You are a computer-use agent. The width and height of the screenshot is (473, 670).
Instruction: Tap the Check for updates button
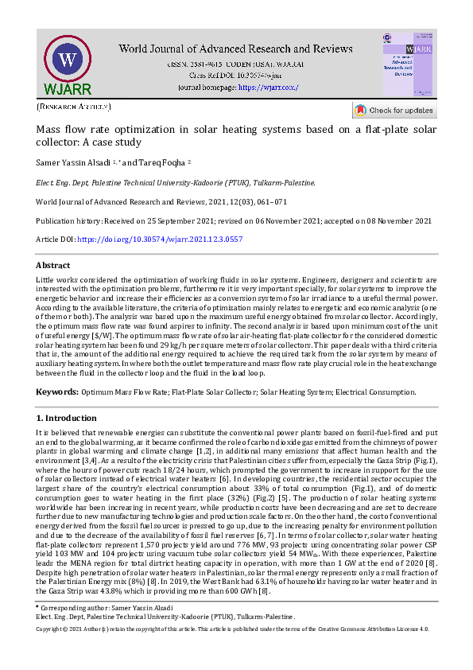pos(394,111)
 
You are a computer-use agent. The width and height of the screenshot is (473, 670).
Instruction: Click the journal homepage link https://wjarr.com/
pos(268,87)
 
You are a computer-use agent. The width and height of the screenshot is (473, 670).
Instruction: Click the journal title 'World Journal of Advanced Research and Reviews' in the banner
pos(237,49)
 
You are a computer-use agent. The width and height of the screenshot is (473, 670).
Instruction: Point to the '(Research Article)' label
pos(74,106)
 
